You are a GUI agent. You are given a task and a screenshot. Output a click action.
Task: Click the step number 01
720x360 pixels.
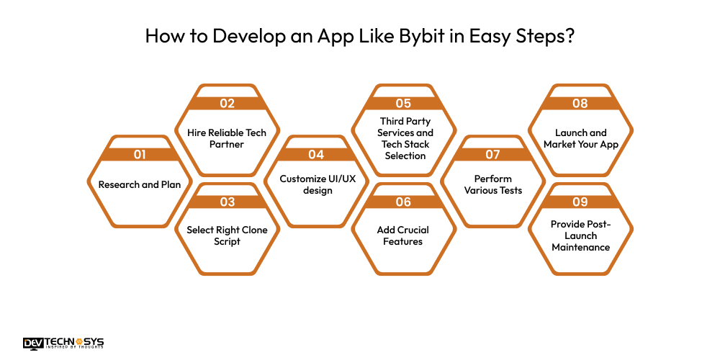[x=140, y=154]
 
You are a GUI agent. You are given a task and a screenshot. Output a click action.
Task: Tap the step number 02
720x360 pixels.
[x=228, y=103]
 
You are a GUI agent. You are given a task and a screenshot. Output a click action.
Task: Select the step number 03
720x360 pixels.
[x=228, y=202]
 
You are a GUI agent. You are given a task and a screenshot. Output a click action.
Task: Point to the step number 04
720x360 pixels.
[x=316, y=154]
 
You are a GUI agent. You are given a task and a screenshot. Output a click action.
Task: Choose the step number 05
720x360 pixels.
[x=404, y=103]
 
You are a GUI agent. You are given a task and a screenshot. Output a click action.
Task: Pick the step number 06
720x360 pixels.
[x=404, y=202]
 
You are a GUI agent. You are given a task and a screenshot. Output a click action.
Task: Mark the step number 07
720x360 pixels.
[x=492, y=154]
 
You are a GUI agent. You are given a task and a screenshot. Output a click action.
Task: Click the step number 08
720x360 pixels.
[x=580, y=103]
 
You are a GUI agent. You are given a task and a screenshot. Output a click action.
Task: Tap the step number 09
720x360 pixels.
[x=580, y=202]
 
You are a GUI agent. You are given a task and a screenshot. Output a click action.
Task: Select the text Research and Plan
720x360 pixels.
[x=140, y=184]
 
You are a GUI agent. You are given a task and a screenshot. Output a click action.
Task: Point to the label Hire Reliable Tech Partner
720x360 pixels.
[x=228, y=138]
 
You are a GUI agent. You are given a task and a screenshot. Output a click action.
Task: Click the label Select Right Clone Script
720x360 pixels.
[x=228, y=235]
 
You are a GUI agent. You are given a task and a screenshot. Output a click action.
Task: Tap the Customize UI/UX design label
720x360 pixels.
[x=316, y=184]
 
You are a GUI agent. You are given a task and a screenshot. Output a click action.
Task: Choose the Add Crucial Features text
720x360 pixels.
[x=404, y=235]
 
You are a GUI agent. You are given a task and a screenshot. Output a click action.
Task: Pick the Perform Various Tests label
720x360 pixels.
[x=492, y=184]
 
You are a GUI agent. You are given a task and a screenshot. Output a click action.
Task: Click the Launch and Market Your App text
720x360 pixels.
[x=580, y=138]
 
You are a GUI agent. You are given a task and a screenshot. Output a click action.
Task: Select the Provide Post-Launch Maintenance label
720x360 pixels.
[x=580, y=235]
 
